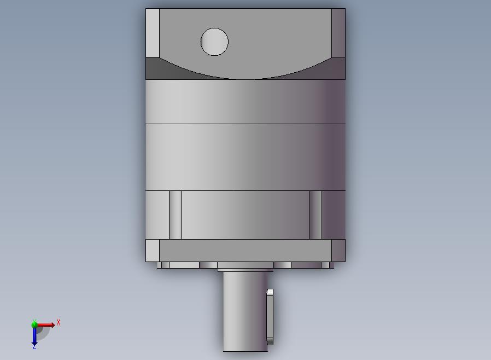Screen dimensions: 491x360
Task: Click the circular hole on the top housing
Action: [x=214, y=42]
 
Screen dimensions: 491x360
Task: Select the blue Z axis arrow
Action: [x=34, y=336]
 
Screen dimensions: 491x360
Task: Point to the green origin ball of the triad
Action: [x=34, y=324]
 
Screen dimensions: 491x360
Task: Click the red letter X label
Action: [x=59, y=322]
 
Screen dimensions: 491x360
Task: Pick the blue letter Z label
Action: [x=34, y=347]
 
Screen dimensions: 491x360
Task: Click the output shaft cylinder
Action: [x=245, y=311]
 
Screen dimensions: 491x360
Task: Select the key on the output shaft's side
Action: [x=270, y=317]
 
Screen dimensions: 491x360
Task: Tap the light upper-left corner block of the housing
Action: [x=153, y=33]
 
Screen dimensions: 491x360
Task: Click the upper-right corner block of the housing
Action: [x=338, y=33]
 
